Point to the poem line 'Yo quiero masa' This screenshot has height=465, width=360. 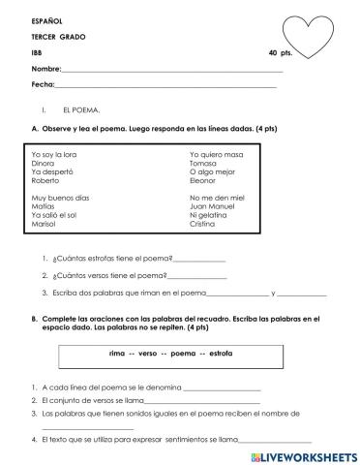click(217, 154)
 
